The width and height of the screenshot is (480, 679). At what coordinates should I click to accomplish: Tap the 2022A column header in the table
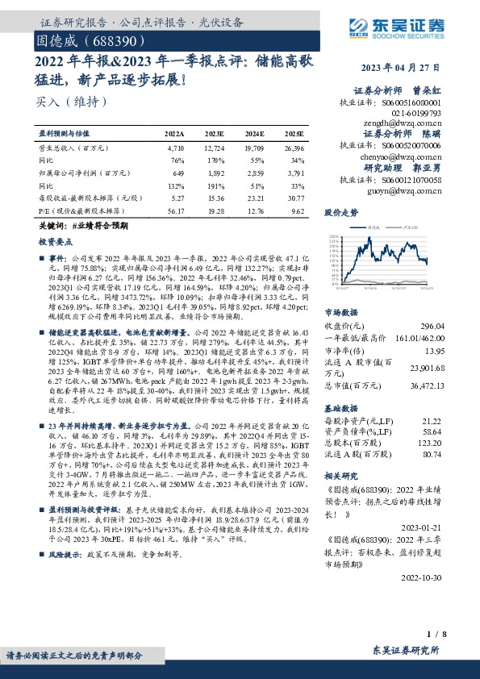(174, 132)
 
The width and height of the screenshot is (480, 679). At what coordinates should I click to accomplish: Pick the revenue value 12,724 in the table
(215, 148)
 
